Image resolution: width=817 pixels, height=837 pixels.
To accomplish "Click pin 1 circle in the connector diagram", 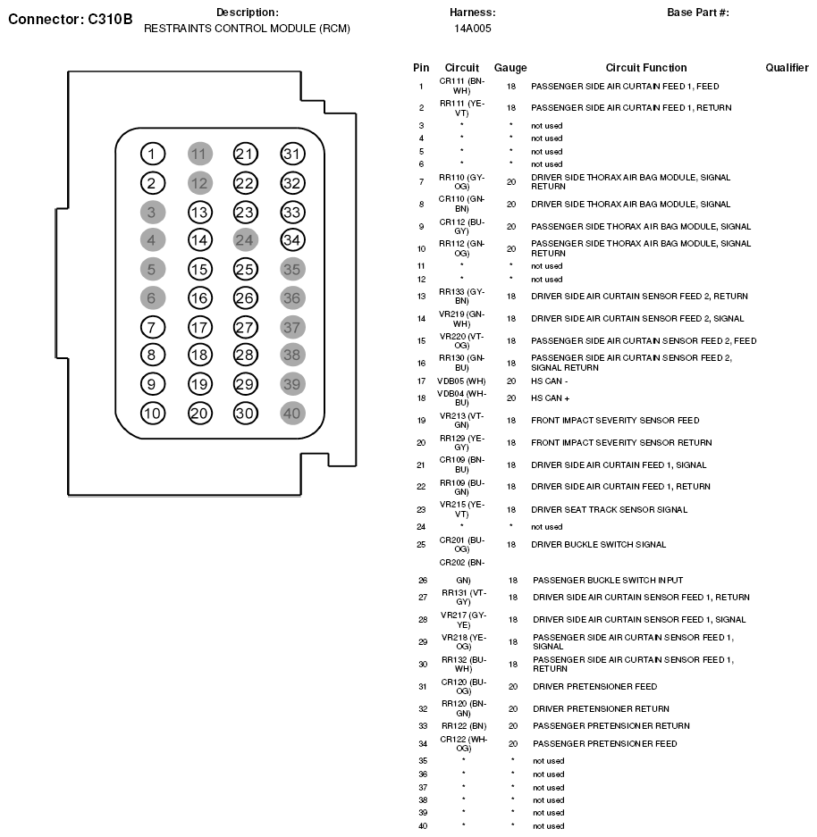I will tap(153, 154).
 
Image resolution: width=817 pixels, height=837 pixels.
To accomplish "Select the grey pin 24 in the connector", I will tap(245, 239).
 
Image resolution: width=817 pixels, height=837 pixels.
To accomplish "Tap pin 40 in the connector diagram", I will tap(292, 414).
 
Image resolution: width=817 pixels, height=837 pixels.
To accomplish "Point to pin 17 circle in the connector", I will tap(199, 327).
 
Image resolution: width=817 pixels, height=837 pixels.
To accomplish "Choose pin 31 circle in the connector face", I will tap(292, 154).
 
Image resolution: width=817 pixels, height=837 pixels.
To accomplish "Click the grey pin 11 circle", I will tap(199, 154).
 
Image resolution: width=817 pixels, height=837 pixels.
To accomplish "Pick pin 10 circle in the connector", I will tap(153, 414).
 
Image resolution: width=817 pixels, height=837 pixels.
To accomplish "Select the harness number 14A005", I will tap(472, 29).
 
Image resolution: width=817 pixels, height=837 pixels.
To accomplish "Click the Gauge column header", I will tap(510, 68).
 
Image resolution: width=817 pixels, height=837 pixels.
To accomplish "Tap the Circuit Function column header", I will tap(646, 68).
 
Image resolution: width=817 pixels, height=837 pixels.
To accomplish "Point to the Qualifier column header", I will tap(787, 68).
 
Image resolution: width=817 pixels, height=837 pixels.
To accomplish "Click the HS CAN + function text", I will tap(551, 398).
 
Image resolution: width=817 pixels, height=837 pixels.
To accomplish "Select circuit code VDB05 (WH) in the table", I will tap(461, 381).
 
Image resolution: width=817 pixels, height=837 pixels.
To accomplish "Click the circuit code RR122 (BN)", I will tap(464, 726).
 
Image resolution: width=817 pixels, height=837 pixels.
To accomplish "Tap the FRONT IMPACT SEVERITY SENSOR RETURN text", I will tap(621, 443).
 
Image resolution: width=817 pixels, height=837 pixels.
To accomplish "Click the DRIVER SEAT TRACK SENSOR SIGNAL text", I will tap(609, 510).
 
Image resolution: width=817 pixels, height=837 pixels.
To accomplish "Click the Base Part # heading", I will tap(698, 13).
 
